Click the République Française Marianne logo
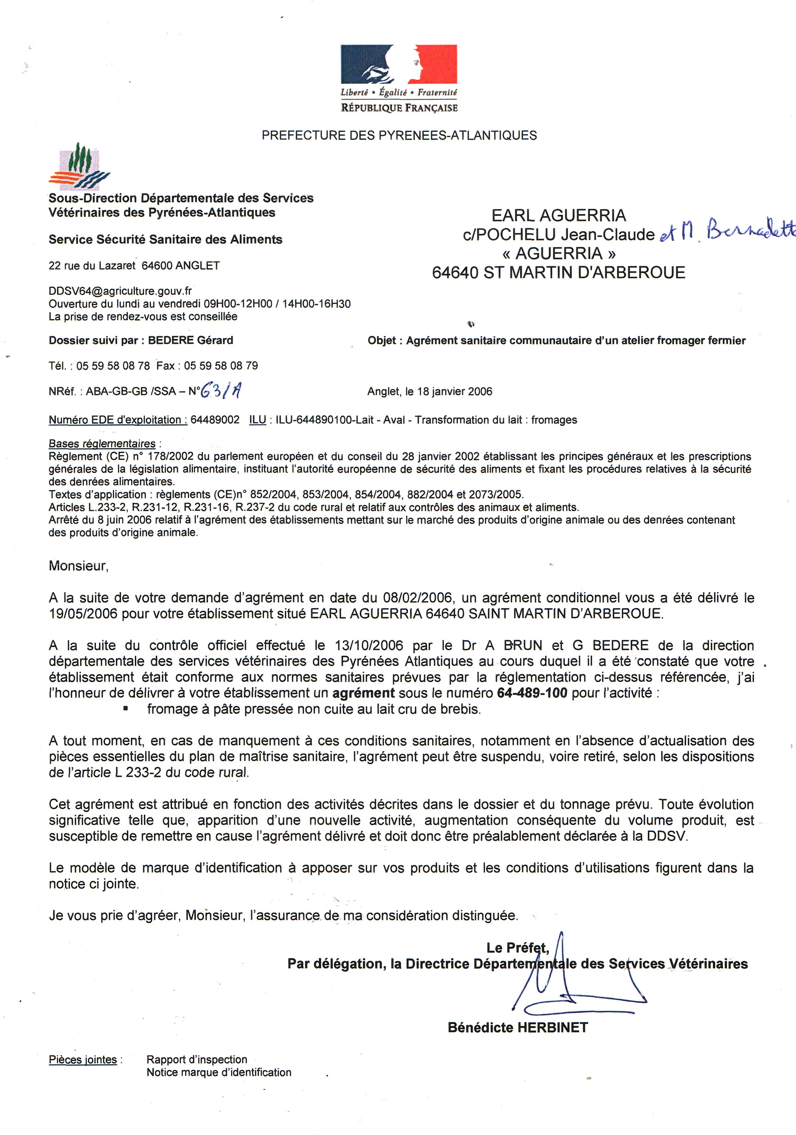coord(398,64)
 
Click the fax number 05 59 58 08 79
coord(221,366)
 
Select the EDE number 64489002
coord(215,420)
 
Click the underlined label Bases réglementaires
coord(102,443)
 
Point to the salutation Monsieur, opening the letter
coord(78,566)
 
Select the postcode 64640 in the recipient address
coord(455,272)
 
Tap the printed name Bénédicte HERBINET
coord(517,1027)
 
